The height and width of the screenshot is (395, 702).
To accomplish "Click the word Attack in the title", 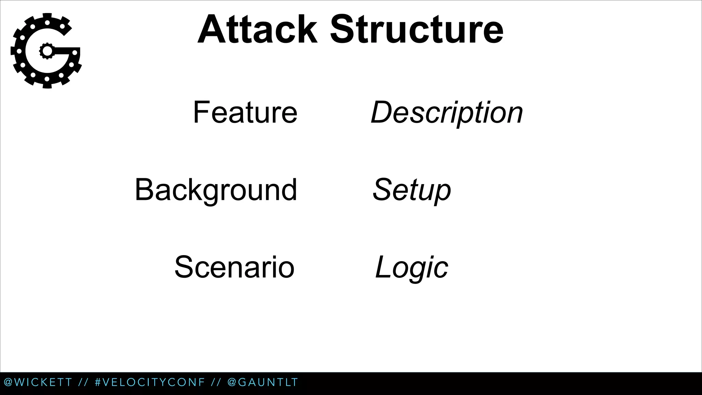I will point(257,30).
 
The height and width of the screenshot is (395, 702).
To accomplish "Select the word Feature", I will point(245,112).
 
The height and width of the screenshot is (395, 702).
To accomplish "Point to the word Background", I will point(216,190).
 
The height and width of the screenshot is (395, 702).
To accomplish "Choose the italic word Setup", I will point(412,190).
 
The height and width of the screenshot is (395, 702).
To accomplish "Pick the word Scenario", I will point(234,267).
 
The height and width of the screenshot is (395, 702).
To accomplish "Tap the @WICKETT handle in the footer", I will point(38,382).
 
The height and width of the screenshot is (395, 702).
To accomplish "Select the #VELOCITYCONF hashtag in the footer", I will point(150,382).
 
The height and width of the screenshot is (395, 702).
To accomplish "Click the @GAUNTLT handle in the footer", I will point(263,382).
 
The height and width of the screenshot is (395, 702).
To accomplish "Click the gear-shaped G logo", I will point(46,51).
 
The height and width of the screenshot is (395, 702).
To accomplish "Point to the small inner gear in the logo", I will point(47,51).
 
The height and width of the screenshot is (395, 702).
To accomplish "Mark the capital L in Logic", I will point(383,267).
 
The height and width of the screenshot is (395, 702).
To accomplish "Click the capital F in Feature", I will point(201,112).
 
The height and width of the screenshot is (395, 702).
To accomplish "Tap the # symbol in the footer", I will point(98,382).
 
